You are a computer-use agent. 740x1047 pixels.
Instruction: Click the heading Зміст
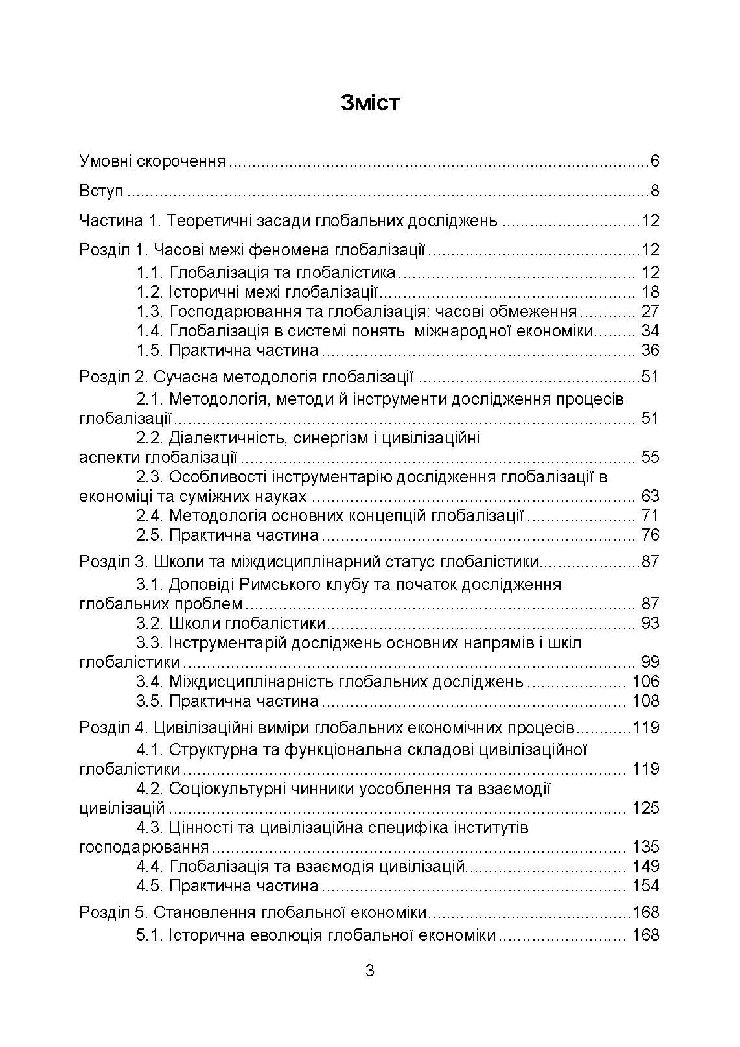[x=370, y=103]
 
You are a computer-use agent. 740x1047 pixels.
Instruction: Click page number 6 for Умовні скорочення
[x=654, y=161]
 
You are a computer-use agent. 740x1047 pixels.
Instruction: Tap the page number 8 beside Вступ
[x=654, y=191]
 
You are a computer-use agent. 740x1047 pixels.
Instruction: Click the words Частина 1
[x=119, y=221]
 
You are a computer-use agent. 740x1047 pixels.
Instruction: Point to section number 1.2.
[x=150, y=292]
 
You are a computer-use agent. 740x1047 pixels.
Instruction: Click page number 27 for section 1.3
[x=649, y=312]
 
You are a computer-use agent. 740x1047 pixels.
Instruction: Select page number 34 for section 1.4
[x=649, y=331]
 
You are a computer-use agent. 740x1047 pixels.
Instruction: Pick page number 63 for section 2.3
[x=649, y=497]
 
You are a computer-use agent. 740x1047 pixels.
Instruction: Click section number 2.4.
[x=150, y=516]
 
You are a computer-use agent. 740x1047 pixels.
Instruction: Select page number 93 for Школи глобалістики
[x=649, y=624]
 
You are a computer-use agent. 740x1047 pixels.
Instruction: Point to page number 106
[x=645, y=682]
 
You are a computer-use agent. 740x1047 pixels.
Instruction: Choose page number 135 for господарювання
[x=645, y=847]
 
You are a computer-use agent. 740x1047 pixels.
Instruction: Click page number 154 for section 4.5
[x=645, y=886]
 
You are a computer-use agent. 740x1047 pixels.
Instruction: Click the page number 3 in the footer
[x=370, y=971]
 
